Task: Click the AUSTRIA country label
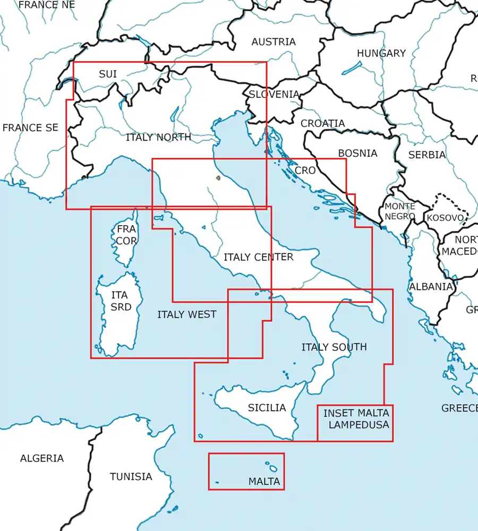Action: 274,41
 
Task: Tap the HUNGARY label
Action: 381,53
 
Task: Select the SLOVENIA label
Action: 274,94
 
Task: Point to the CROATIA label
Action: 322,123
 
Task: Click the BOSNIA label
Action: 357,153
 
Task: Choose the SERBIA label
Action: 427,155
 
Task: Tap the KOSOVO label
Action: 445,218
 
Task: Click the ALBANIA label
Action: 431,286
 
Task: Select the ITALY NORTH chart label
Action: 158,137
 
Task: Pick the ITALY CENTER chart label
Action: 258,257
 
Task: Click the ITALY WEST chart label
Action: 187,314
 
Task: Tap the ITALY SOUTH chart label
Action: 334,347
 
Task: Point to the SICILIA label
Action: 267,408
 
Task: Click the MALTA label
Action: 264,482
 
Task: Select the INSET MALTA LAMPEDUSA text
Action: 356,418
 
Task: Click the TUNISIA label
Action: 131,476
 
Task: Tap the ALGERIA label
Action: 42,458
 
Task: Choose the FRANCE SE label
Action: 30,127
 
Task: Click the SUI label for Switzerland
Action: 108,74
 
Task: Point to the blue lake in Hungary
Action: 352,67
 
